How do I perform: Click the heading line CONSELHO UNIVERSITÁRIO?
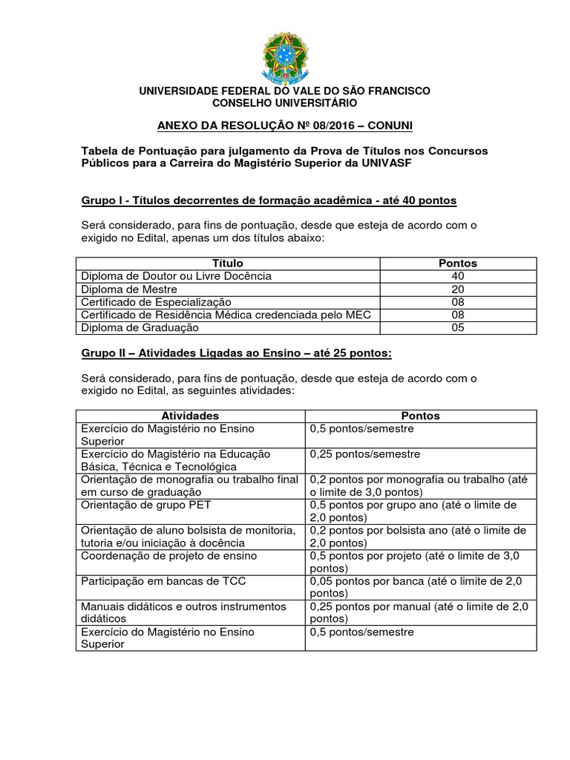[284, 102]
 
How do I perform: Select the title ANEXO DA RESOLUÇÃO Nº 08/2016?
[284, 125]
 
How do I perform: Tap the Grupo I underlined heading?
[268, 200]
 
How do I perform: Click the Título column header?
[227, 263]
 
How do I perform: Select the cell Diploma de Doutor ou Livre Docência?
[177, 276]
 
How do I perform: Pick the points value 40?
[458, 276]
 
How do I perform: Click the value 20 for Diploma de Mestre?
[458, 289]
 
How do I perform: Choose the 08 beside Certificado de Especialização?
[458, 302]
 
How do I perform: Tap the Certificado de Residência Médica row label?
[226, 315]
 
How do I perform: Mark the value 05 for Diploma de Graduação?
[458, 328]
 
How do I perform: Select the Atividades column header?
[190, 416]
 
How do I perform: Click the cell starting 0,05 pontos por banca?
[419, 587]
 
